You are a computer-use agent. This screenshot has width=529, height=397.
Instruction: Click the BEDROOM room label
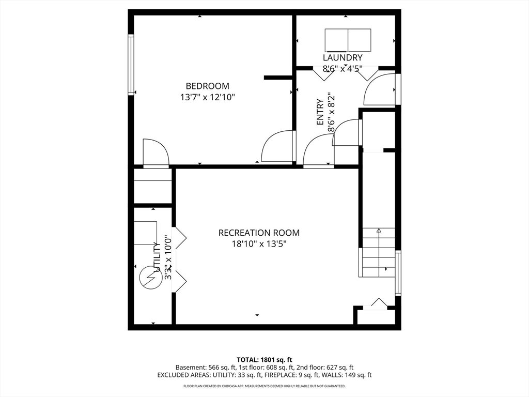point(208,86)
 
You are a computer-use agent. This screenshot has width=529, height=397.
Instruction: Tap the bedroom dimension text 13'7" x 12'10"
point(208,98)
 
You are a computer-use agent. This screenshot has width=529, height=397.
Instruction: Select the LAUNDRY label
point(343,58)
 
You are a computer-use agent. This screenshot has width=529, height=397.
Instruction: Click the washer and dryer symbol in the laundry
point(348,40)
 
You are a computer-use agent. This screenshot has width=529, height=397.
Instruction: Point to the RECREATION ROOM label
point(259,233)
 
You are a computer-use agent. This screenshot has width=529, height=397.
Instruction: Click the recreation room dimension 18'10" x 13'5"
point(259,244)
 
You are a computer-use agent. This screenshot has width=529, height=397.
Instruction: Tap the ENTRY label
point(320,112)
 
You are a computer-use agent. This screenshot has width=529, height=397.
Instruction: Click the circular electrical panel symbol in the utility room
point(150,278)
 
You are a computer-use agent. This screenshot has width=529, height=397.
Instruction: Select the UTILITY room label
point(157,257)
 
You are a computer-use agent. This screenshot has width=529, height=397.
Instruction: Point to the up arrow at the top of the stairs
point(379,231)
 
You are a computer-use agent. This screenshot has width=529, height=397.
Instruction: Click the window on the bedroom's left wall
point(131,65)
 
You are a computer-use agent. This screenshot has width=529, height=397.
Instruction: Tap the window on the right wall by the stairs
point(398,273)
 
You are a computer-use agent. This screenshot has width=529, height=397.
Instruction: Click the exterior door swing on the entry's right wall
point(379,89)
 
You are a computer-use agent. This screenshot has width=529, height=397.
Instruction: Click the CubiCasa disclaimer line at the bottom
point(264,386)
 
